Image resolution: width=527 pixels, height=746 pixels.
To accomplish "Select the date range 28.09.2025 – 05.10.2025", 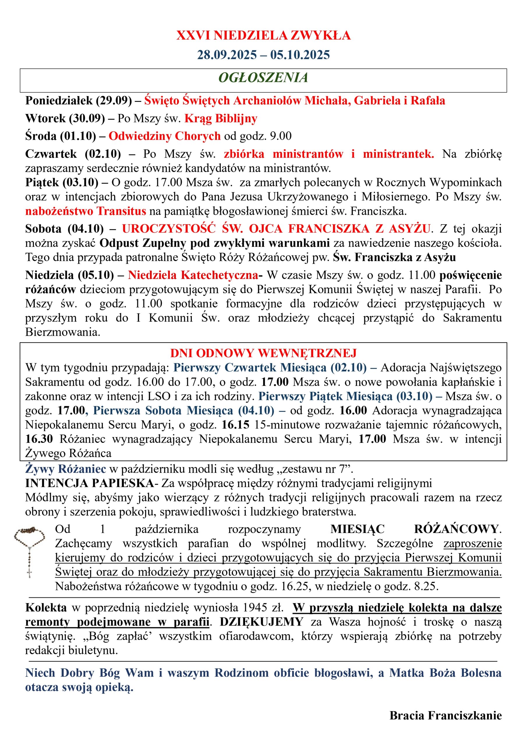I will pyautogui.click(x=263, y=54).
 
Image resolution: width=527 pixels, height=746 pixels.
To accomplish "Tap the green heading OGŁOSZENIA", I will pyautogui.click(x=263, y=78).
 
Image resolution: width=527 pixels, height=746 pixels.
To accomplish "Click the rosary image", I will pyautogui.click(x=29, y=549).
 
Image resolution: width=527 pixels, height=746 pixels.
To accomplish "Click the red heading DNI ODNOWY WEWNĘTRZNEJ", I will pyautogui.click(x=263, y=353).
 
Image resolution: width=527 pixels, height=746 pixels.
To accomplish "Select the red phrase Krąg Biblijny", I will pyautogui.click(x=221, y=118).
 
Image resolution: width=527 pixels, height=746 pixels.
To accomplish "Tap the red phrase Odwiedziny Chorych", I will pyautogui.click(x=164, y=136).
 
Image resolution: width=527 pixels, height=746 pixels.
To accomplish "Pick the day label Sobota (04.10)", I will pyautogui.click(x=64, y=229).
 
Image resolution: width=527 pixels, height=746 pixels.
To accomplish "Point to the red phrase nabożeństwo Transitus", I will pyautogui.click(x=86, y=211).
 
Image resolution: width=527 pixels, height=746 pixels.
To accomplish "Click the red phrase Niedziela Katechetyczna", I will pyautogui.click(x=193, y=275).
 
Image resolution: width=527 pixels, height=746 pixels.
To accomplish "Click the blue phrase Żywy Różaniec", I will pyautogui.click(x=66, y=469).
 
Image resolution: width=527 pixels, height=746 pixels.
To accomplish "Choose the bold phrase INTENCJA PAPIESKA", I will pyautogui.click(x=90, y=483).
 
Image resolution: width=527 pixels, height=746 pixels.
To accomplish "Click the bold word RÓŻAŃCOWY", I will pyautogui.click(x=456, y=529).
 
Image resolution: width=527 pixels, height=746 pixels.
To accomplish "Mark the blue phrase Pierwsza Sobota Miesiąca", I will pyautogui.click(x=163, y=410).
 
